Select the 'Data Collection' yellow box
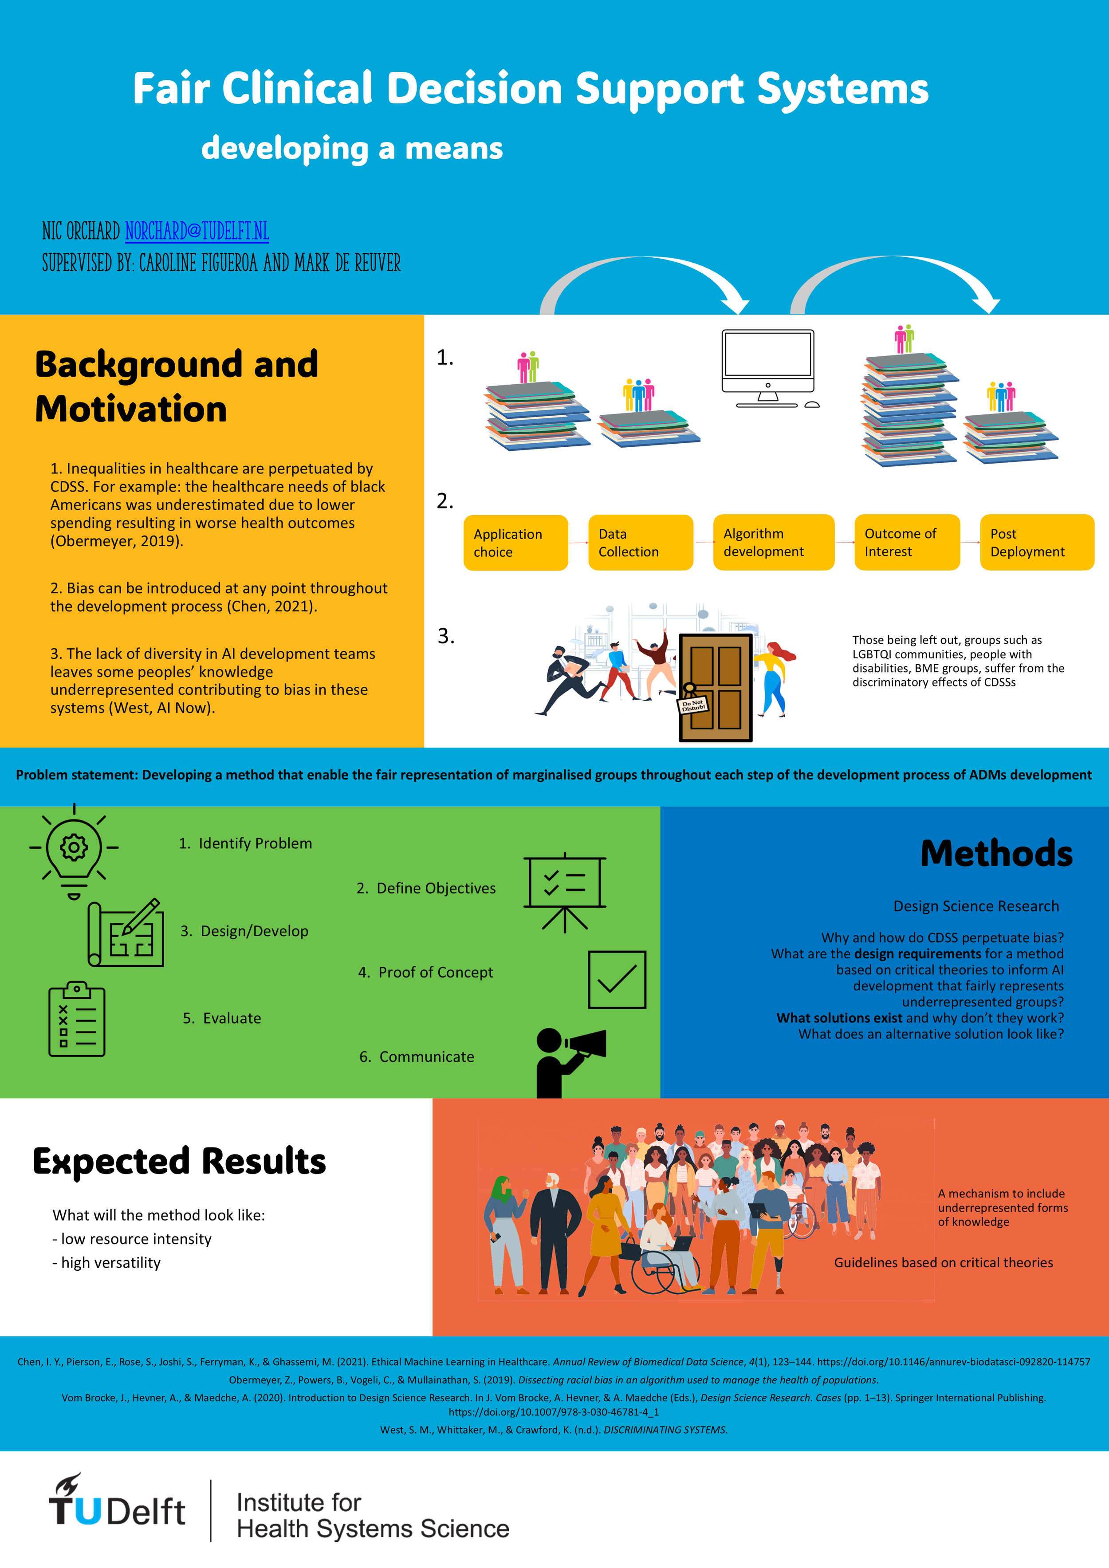click(641, 543)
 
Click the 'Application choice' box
click(515, 543)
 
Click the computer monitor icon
click(769, 368)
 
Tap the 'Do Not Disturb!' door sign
click(693, 705)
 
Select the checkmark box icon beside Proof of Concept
click(617, 979)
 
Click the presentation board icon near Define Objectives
click(565, 891)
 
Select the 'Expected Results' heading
click(180, 1161)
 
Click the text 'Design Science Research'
click(976, 906)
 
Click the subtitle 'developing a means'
click(352, 148)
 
